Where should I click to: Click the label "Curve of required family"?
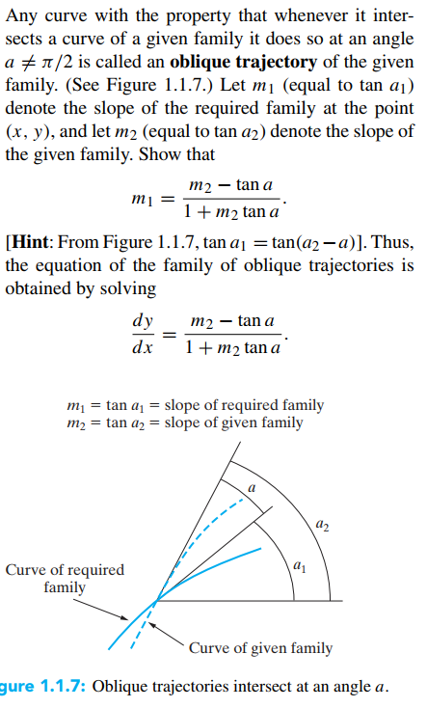(x=64, y=577)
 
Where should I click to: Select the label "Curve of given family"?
(x=260, y=647)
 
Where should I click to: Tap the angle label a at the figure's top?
(x=253, y=489)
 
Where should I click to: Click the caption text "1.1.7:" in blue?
(x=59, y=687)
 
